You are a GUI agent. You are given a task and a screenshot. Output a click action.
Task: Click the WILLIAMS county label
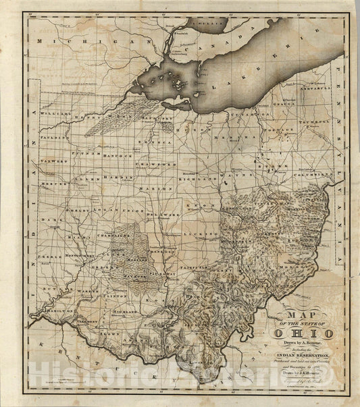click(54, 114)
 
